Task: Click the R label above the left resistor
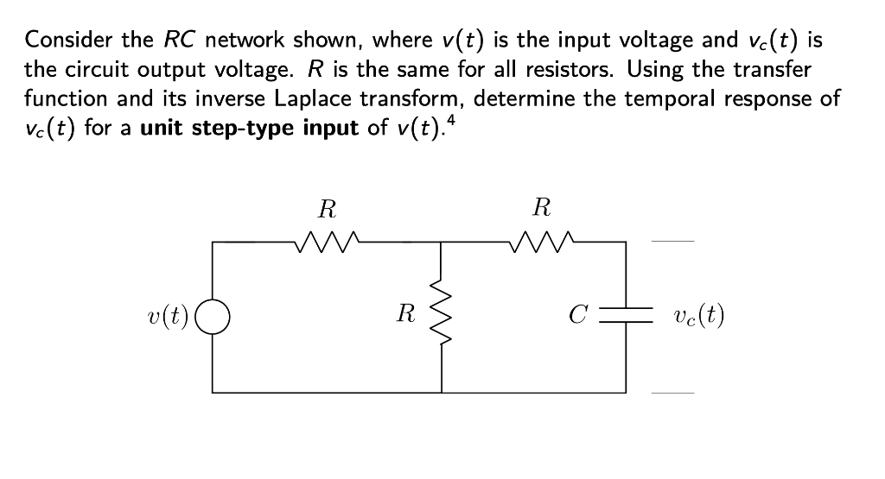[327, 209]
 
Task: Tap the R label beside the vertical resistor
[404, 314]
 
